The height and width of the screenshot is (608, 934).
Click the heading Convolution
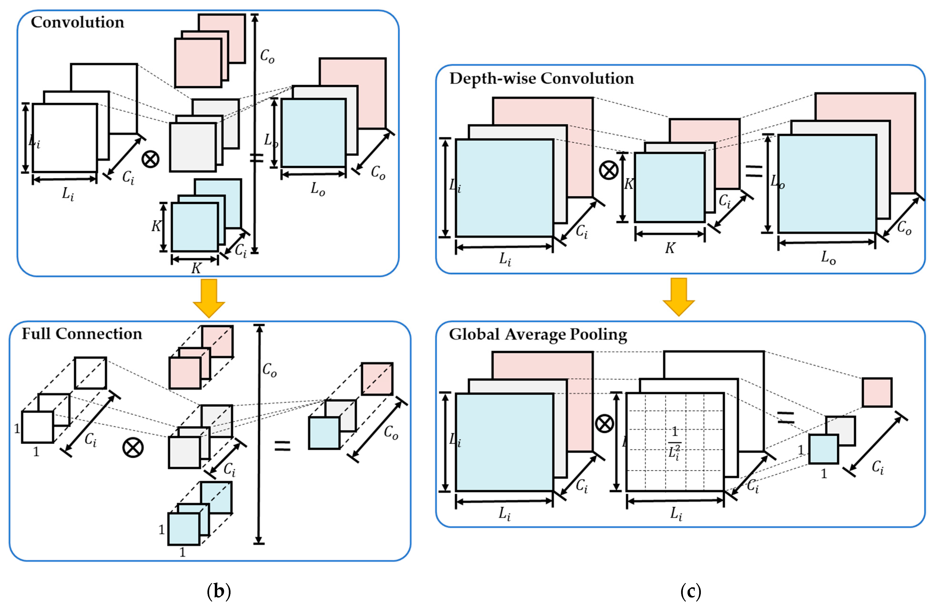(x=77, y=22)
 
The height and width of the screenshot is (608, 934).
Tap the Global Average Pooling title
(x=538, y=334)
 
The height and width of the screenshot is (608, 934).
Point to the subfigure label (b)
(x=219, y=591)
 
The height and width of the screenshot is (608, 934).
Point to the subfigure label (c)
(x=690, y=591)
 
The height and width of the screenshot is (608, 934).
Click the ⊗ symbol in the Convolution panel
(x=150, y=159)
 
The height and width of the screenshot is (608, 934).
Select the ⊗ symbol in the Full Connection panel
(x=133, y=447)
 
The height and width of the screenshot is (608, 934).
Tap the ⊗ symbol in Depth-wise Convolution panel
(x=609, y=170)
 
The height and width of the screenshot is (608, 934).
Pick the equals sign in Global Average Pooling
(x=786, y=417)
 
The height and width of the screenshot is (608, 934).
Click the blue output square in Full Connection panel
(x=324, y=433)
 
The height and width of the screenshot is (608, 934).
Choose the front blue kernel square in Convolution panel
(x=195, y=227)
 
